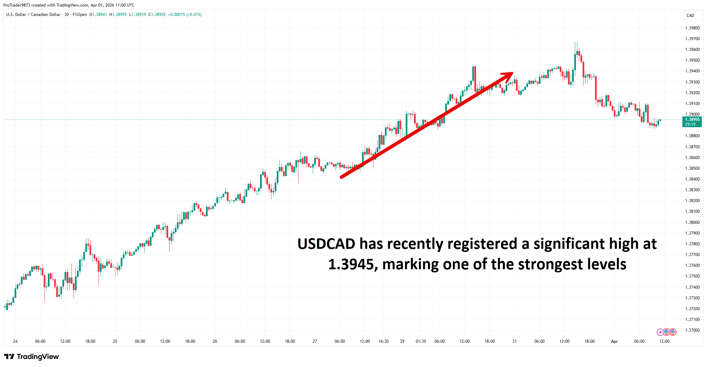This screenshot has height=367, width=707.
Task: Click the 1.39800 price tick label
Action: [x=692, y=28]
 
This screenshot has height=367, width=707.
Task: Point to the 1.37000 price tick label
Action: [x=692, y=330]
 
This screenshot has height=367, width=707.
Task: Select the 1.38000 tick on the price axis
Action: [x=692, y=222]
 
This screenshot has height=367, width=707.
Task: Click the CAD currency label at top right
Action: [x=690, y=16]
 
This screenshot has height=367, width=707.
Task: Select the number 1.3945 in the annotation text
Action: [x=351, y=264]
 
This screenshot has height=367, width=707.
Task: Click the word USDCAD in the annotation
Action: [x=326, y=244]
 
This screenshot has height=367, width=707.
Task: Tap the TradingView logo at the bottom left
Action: [x=32, y=357]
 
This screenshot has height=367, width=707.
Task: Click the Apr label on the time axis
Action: [x=614, y=341]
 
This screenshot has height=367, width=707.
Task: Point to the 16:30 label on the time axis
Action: [x=383, y=341]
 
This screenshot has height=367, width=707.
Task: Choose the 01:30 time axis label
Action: [x=421, y=341]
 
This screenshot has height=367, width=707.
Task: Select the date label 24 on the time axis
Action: [x=15, y=341]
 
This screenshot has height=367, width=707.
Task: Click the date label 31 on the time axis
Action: [x=514, y=341]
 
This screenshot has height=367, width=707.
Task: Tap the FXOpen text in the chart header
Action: [x=80, y=15]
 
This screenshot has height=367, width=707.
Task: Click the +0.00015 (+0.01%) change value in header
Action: [x=185, y=15]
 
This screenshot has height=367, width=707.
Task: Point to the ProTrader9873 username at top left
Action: [x=17, y=5]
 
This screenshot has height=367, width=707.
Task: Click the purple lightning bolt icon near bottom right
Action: [x=660, y=332]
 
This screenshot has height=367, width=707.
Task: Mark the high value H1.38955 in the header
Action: [x=118, y=15]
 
